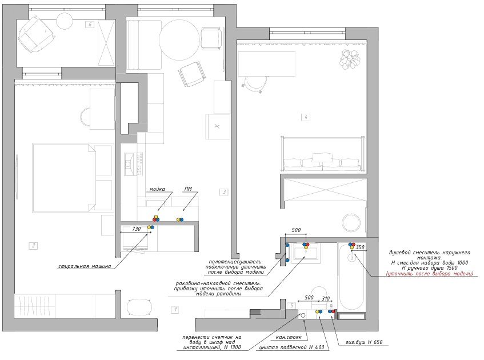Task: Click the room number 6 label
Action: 90,25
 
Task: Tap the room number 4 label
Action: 306,117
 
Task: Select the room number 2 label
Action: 33,246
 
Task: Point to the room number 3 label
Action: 225,192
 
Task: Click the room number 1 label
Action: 175,309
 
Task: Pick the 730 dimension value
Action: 136,229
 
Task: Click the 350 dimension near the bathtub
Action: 360,247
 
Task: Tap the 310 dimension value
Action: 326,298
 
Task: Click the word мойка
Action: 157,189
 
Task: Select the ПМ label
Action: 188,189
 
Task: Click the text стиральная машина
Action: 85,266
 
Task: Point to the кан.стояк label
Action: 289,337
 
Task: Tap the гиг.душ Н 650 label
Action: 364,342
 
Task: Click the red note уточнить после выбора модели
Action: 430,274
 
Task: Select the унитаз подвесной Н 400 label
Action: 291,347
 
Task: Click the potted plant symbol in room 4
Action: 350,58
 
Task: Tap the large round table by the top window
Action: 179,40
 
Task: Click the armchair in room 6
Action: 34,35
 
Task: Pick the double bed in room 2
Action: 73,178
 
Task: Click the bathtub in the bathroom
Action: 351,277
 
